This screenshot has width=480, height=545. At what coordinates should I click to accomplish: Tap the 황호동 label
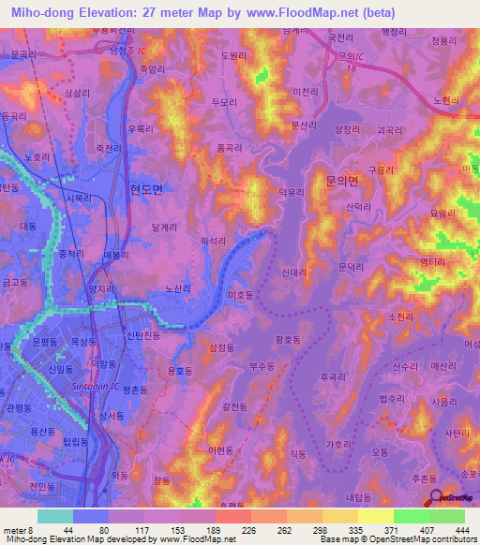pyautogui.click(x=287, y=342)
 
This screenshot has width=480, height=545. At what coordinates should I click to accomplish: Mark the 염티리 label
pyautogui.click(x=432, y=262)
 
